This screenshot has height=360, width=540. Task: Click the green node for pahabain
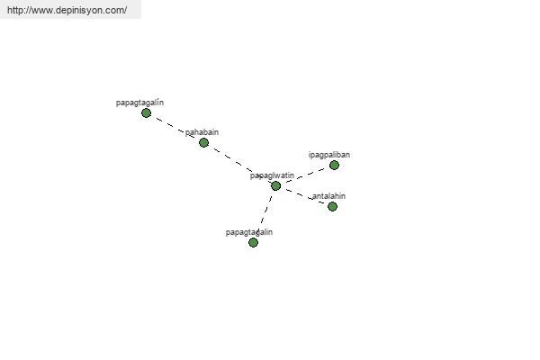click(x=203, y=142)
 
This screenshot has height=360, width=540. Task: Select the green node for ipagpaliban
click(x=334, y=165)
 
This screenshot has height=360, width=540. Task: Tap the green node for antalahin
click(x=332, y=206)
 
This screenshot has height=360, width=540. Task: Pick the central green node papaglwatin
click(x=275, y=185)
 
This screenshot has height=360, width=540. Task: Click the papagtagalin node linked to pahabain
click(x=146, y=112)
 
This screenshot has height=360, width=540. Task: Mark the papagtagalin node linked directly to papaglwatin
click(x=253, y=242)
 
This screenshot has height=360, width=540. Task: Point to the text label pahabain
click(x=202, y=132)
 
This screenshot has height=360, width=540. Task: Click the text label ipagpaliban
click(x=328, y=155)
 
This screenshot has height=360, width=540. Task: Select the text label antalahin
click(x=328, y=196)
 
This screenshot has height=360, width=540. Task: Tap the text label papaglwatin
click(x=272, y=175)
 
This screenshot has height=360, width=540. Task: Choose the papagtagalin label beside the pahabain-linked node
click(x=139, y=103)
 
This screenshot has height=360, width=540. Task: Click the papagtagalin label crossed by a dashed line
click(x=248, y=232)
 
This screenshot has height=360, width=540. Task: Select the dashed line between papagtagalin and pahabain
click(x=175, y=127)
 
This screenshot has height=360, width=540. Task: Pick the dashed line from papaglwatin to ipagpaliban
click(x=304, y=175)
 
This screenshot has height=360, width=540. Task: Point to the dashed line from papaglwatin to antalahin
click(x=303, y=195)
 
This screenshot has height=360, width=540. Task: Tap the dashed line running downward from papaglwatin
click(x=265, y=213)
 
